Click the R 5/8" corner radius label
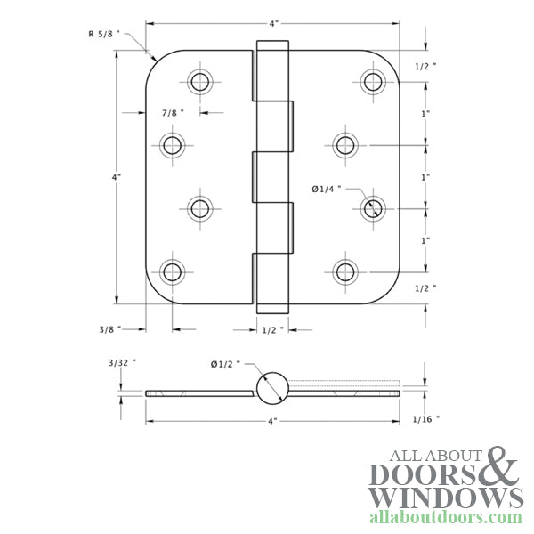click(x=104, y=34)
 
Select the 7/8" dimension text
click(x=174, y=113)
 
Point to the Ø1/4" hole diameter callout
click(x=325, y=189)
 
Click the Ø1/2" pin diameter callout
click(x=224, y=363)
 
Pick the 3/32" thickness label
click(x=122, y=363)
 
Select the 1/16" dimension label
click(x=426, y=417)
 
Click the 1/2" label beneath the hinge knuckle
click(x=272, y=329)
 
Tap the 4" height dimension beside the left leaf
click(x=117, y=177)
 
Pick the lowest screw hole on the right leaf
click(x=344, y=271)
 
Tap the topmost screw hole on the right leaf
click(x=373, y=82)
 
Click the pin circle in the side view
click(x=272, y=387)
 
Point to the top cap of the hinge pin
click(x=272, y=45)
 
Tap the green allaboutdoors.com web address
click(x=445, y=517)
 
